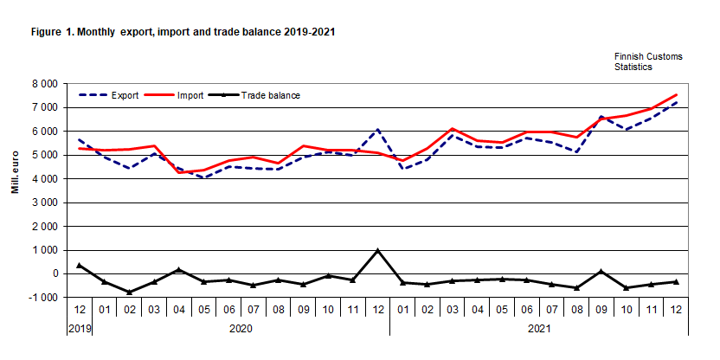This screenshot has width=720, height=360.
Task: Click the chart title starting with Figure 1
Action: click(183, 32)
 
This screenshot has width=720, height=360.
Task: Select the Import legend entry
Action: click(190, 95)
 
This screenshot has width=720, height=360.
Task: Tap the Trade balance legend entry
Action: click(270, 95)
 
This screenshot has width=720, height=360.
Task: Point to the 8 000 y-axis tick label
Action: click(43, 84)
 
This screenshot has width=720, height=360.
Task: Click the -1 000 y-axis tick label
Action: click(42, 298)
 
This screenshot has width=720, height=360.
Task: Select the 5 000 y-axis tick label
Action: click(43, 156)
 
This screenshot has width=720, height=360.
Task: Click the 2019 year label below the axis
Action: click(79, 330)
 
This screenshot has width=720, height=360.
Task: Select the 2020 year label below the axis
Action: click(241, 330)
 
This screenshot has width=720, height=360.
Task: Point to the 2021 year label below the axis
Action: click(538, 330)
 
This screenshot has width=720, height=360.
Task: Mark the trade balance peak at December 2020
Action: click(377, 251)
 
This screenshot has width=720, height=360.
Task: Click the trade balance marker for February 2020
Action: click(129, 292)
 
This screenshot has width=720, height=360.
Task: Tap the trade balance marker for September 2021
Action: click(601, 272)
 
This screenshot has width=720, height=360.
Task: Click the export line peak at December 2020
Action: click(377, 130)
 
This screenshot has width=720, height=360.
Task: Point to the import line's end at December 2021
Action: click(675, 95)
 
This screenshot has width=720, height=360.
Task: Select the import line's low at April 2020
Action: click(179, 173)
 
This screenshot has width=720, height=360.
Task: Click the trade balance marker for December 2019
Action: click(79, 265)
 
